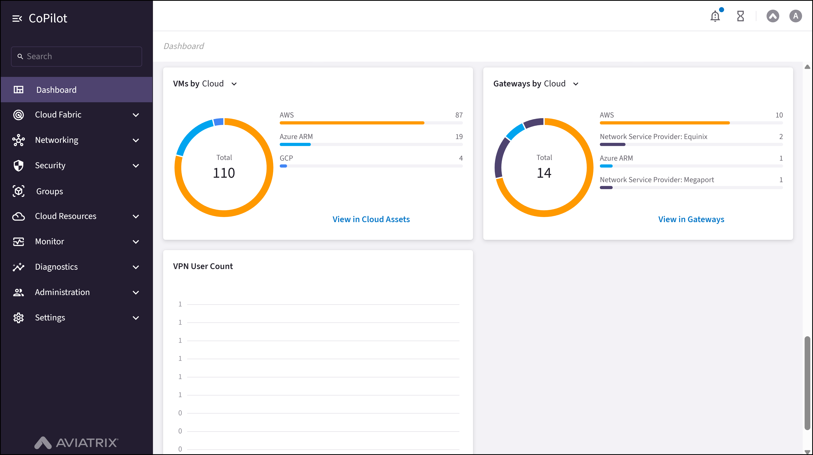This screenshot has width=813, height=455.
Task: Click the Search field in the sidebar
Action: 76,57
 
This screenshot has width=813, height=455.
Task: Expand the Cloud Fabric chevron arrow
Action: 136,115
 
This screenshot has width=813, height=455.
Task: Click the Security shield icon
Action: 19,166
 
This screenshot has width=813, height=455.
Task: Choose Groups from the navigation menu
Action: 50,191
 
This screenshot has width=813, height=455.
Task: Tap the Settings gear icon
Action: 19,318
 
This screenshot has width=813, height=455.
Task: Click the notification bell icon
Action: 715,16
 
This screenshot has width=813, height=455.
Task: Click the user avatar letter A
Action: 795,16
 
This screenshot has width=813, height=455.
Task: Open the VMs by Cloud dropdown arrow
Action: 234,84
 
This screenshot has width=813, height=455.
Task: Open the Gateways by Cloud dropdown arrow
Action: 576,84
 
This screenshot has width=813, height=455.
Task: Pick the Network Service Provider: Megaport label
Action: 657,180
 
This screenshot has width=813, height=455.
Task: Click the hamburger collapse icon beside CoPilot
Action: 17,19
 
